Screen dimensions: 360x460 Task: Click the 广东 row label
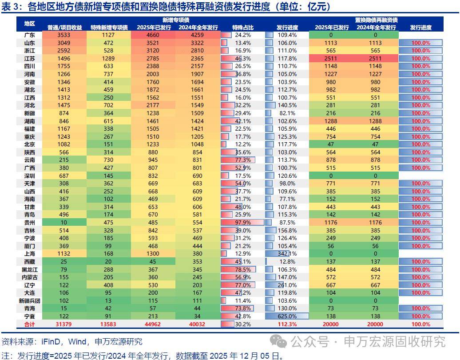[30, 35]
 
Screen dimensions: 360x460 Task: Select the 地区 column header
[30, 24]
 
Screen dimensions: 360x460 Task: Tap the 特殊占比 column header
[242, 28]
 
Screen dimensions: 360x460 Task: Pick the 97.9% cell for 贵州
[242, 223]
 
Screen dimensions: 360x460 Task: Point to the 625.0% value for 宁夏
[287, 316]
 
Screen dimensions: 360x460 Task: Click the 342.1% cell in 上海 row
[287, 254]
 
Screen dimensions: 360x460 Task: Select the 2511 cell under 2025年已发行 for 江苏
[331, 59]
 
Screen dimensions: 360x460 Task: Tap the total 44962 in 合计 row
[153, 324]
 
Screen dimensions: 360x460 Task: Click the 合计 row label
[30, 324]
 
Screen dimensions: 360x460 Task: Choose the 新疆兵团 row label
[30, 300]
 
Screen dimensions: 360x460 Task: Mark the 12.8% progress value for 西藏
[287, 262]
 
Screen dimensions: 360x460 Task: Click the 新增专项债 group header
[175, 20]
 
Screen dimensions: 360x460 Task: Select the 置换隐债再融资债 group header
[376, 20]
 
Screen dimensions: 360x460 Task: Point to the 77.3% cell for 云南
[242, 160]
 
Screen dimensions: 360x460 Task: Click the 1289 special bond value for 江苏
[109, 59]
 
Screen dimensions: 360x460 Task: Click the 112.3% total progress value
[287, 324]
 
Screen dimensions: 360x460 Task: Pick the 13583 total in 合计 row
[109, 324]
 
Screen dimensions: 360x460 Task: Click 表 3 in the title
[11, 7]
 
